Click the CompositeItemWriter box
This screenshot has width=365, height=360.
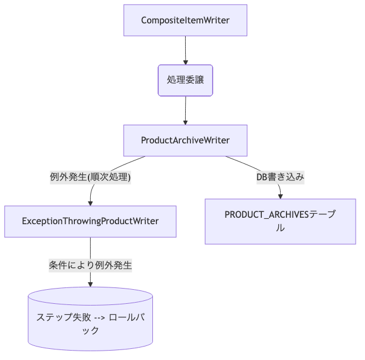click(185, 20)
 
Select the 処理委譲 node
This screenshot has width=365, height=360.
click(185, 80)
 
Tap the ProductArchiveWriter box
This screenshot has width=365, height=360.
click(185, 140)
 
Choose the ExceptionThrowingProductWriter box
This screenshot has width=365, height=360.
click(90, 221)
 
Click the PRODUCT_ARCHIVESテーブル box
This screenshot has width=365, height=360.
click(280, 221)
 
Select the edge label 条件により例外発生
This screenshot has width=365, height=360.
click(90, 265)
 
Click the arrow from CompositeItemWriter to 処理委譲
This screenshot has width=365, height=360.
click(185, 49)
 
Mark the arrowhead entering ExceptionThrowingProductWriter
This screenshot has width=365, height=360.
click(90, 203)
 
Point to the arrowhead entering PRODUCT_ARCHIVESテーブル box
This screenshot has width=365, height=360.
click(281, 196)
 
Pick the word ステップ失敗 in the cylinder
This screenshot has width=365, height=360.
click(59, 317)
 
